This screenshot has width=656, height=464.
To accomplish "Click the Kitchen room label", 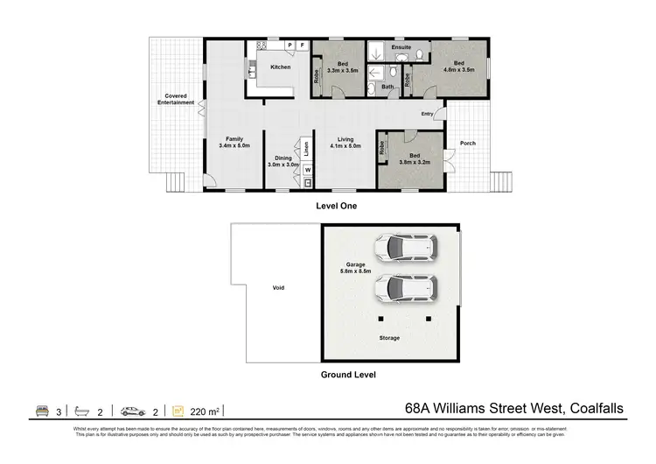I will coord(280,67).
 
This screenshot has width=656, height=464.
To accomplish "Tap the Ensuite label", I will coord(401,46).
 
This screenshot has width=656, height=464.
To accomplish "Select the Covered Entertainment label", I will coord(176,99).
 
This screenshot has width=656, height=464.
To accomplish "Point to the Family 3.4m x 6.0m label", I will coord(234,142).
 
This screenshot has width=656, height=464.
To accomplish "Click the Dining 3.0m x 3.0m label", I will coord(283,161).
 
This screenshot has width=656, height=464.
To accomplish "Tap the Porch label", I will coord(467,144).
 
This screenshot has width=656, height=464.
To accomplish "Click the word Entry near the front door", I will coord(427,114).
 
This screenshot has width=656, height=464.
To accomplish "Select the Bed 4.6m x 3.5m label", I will coord(459,66).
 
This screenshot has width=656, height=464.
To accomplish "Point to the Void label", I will coord(278,287).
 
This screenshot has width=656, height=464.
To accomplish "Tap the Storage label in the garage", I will coord(389,337).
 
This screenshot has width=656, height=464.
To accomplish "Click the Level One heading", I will coord(336,206).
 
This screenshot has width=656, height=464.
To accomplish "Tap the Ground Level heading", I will coord(347,375).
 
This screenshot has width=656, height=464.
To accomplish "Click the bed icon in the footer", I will coord(41,409).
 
